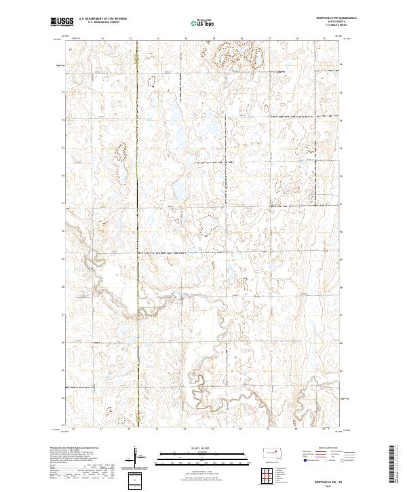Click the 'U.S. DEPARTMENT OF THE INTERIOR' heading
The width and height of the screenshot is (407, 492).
tap(103, 19)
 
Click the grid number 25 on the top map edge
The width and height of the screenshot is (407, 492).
tap(214, 39)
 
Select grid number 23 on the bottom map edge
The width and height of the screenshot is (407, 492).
tap(157, 429)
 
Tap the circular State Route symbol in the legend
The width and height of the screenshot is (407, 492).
tap(343, 460)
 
